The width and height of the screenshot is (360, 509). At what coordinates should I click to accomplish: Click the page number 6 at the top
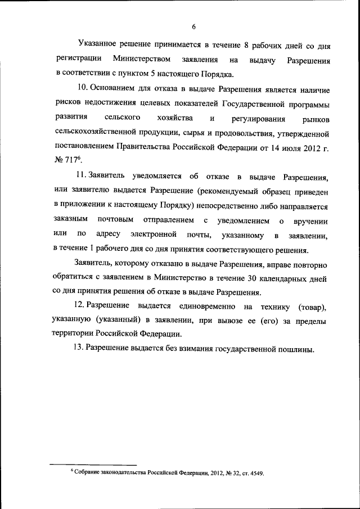193,27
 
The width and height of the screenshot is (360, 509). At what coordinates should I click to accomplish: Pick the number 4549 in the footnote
255,472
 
